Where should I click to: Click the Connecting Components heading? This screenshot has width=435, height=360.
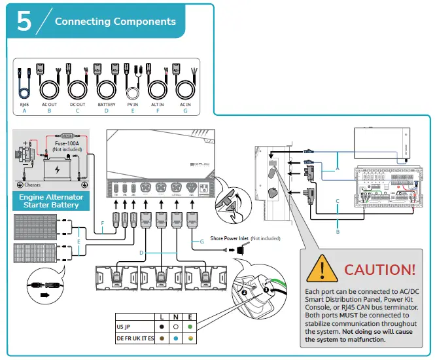115,22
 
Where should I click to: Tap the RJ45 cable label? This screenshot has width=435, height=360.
24,105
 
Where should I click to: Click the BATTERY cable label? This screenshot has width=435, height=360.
107,105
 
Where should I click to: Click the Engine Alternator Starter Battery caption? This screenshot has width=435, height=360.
50,200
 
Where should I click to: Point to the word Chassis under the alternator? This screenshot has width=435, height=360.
23,185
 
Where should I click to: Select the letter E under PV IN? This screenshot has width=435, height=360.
133,111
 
